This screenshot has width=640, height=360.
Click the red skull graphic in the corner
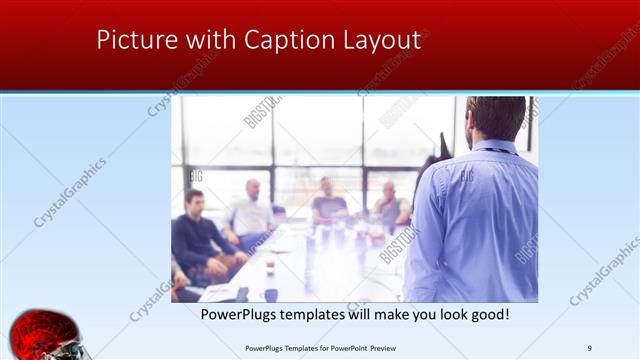[45, 336]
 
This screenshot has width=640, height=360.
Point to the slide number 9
[590, 347]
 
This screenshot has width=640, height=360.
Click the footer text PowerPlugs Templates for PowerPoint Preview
[321, 347]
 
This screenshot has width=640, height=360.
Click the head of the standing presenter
[495, 118]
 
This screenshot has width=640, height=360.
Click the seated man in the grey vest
[391, 207]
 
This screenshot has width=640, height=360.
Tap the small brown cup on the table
[270, 266]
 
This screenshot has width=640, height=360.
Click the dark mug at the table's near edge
[270, 294]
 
